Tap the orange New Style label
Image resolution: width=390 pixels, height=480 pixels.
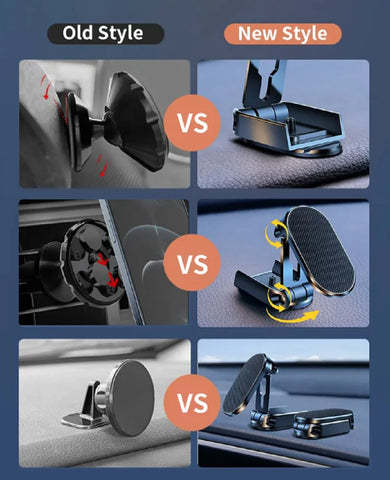tap(282, 33)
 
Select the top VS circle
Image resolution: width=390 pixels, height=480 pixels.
tap(193, 123)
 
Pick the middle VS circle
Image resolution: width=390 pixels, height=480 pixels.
tap(193, 266)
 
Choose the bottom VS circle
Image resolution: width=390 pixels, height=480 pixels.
tap(193, 404)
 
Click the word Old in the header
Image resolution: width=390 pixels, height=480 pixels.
tap(79, 33)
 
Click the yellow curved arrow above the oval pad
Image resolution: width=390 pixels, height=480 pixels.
tap(272, 233)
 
